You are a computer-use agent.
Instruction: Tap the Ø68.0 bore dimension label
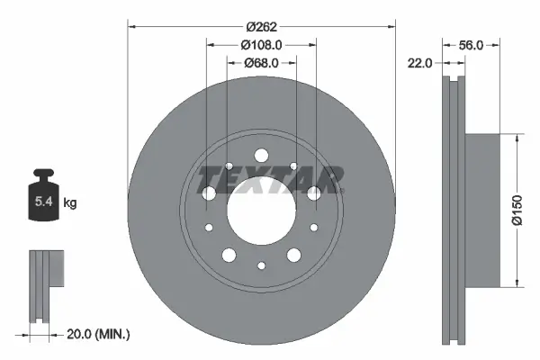tap(262, 62)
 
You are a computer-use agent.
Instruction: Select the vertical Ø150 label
tap(517, 212)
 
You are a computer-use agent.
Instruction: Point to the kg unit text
tap(69, 203)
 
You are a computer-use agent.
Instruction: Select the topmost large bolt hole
tap(262, 154)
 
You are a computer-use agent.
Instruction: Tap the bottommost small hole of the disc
tap(262, 265)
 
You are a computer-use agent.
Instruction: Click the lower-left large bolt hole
tap(229, 256)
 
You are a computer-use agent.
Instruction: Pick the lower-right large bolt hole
tap(294, 256)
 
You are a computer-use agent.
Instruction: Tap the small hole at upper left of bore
tap(229, 166)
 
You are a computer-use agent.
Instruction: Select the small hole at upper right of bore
tap(294, 166)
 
